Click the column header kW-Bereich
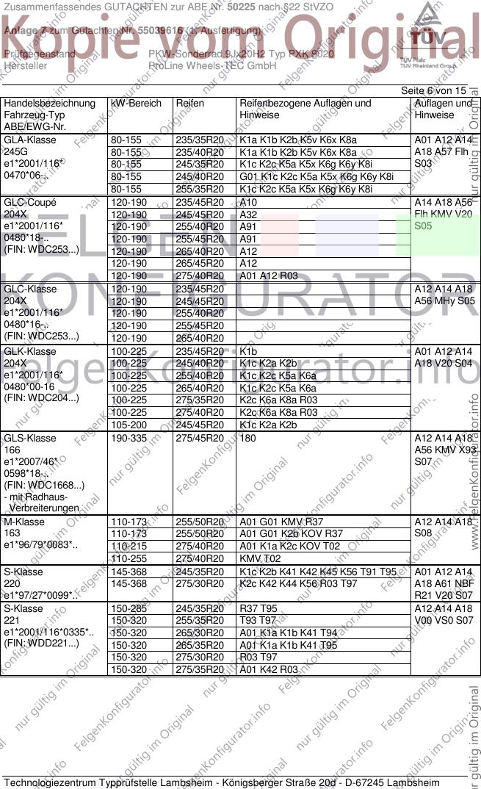click(136, 104)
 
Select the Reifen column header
click(190, 104)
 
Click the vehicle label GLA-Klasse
click(30, 140)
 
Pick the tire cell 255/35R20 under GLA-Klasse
click(200, 189)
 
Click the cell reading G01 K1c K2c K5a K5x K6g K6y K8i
click(317, 176)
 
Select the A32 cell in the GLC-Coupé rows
click(248, 215)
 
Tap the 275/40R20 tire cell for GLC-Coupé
click(200, 276)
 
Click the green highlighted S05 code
click(423, 226)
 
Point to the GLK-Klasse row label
click(30, 351)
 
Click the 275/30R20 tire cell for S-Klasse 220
click(200, 583)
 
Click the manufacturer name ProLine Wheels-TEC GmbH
click(212, 65)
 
